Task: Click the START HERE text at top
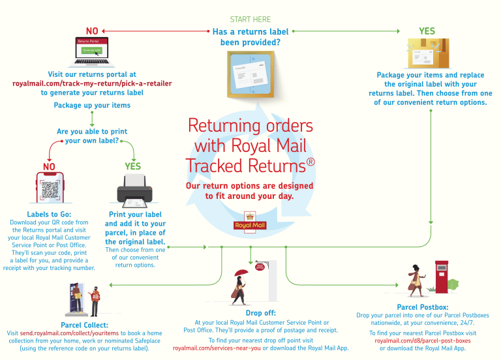(250, 20)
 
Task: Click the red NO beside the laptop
(92, 31)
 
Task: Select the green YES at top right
(427, 31)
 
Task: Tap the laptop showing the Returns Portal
(92, 52)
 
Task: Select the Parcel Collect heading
(85, 325)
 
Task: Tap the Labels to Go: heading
(50, 214)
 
